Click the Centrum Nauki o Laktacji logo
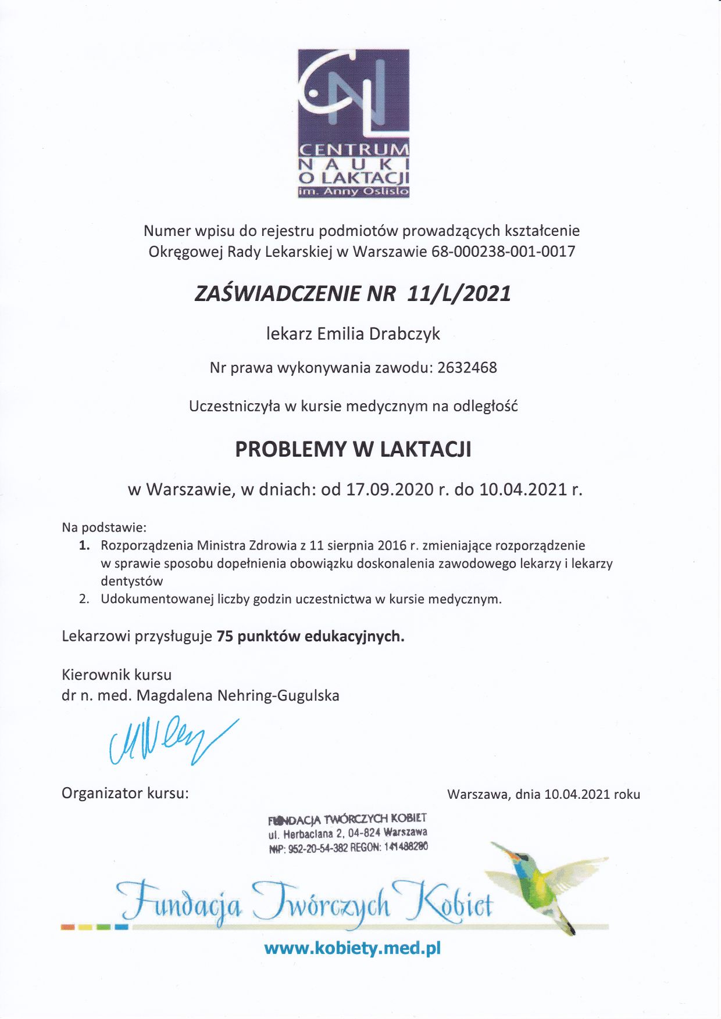tap(354, 123)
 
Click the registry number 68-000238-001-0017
tap(504, 252)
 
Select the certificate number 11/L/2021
tap(459, 293)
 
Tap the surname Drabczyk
tap(405, 334)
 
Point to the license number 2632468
tap(467, 368)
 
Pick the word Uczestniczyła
tap(234, 406)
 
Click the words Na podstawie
tap(104, 528)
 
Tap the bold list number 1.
tap(85, 546)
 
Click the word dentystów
tap(132, 582)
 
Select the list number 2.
tap(85, 599)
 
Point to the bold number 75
tap(225, 637)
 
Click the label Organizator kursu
tap(125, 793)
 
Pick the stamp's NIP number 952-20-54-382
tap(317, 848)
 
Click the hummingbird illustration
tap(544, 883)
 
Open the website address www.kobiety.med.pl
tap(352, 948)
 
